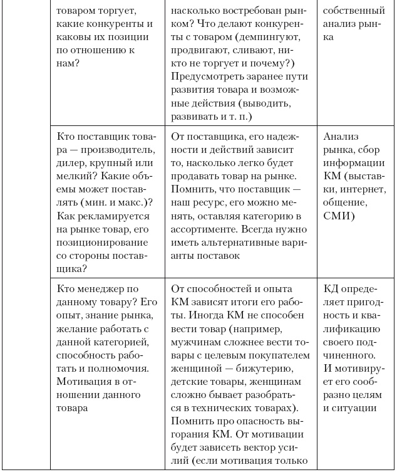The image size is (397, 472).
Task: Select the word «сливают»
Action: click(258, 64)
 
